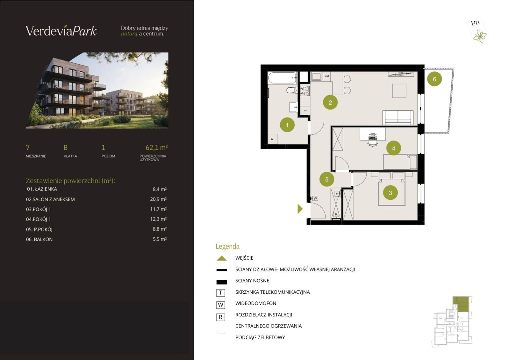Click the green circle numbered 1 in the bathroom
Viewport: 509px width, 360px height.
click(x=287, y=125)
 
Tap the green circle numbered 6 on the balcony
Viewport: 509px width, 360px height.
click(x=434, y=79)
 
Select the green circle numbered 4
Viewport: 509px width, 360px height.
click(x=394, y=148)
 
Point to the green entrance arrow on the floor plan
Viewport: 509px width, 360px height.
click(x=300, y=209)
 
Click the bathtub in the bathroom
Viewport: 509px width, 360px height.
click(x=283, y=78)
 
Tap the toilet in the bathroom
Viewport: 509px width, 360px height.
click(x=292, y=90)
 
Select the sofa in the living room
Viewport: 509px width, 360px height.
click(x=398, y=118)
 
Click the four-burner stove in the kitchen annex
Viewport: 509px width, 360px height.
click(x=305, y=91)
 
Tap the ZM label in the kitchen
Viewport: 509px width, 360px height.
click(x=327, y=76)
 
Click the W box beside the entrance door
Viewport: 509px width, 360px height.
click(x=315, y=198)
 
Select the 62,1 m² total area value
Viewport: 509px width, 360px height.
click(x=157, y=148)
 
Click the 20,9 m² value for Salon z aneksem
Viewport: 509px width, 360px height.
click(x=158, y=199)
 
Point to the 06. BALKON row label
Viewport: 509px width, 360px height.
click(x=39, y=239)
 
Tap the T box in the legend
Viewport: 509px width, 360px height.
click(x=220, y=293)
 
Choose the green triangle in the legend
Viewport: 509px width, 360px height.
click(x=222, y=258)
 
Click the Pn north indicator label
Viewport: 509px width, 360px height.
click(x=475, y=23)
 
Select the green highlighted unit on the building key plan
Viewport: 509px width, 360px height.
click(x=461, y=304)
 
